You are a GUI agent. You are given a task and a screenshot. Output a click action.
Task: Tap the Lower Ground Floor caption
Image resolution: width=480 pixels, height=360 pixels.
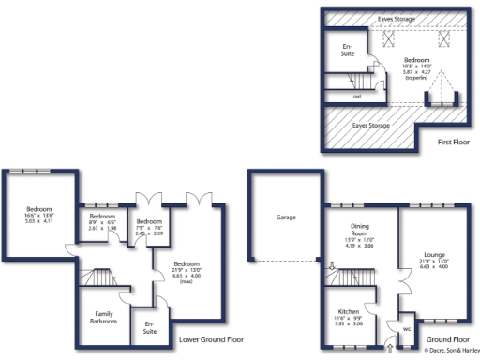(211, 339)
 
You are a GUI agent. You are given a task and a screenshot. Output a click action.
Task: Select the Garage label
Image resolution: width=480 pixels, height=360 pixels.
(286, 217)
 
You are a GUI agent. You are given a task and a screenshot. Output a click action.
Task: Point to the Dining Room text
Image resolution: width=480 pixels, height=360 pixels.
(359, 229)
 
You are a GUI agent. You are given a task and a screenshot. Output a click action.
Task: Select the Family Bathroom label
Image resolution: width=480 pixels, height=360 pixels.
(103, 318)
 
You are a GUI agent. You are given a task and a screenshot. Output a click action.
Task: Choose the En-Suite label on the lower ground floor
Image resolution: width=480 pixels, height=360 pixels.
(149, 328)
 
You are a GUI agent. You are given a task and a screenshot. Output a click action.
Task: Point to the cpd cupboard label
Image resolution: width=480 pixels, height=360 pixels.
(357, 96)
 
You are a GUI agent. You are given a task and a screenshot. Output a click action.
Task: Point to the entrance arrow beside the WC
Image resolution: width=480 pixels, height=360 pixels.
(391, 348)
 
